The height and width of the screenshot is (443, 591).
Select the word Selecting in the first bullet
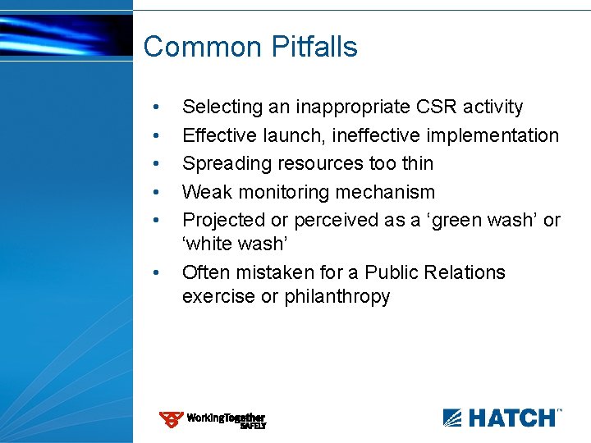click(x=219, y=107)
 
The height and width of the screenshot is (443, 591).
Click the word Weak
click(x=205, y=192)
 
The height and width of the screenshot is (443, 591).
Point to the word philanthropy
click(x=337, y=296)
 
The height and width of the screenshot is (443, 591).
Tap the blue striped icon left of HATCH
click(x=453, y=418)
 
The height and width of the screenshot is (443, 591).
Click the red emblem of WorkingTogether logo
click(x=171, y=420)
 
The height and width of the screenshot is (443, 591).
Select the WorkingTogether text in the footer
click(x=226, y=418)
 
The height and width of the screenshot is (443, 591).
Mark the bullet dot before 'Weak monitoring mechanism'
click(x=156, y=193)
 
